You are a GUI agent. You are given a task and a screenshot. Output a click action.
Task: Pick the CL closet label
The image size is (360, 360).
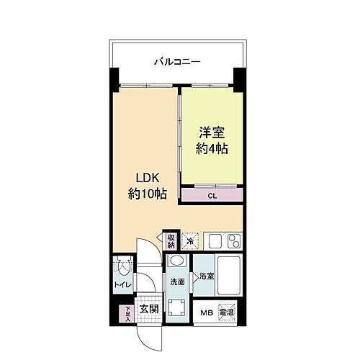tap(212, 194)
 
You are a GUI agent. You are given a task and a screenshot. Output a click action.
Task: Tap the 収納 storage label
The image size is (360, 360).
tap(171, 240)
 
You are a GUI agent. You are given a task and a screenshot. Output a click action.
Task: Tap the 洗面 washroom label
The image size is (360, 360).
tap(178, 282)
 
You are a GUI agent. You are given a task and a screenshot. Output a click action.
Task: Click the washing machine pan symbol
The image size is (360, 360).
tap(178, 310)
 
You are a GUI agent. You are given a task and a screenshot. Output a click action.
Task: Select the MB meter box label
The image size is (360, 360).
tap(207, 312)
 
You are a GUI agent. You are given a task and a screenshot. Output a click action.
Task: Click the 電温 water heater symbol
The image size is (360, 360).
tap(227, 312)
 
